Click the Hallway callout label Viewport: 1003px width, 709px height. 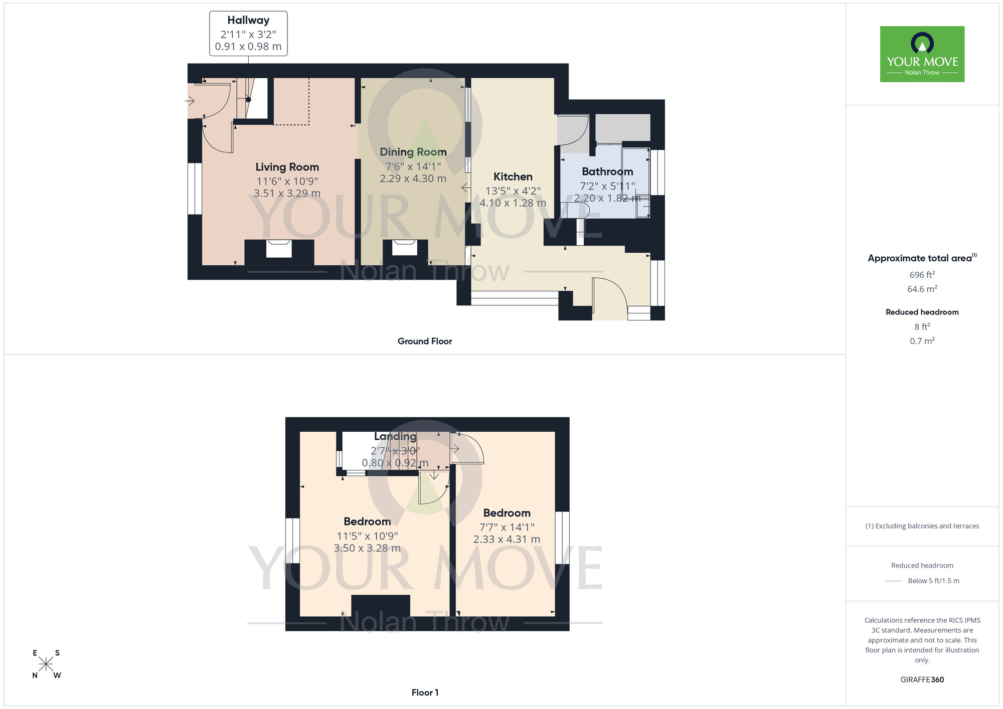[x=248, y=21]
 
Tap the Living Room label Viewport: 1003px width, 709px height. [x=287, y=167]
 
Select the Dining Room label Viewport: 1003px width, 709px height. [x=413, y=152]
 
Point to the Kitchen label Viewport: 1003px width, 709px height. [x=513, y=176]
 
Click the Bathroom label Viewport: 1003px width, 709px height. [x=607, y=171]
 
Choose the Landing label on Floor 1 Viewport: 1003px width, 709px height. [x=395, y=437]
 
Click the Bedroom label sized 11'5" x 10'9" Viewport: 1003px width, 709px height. [x=367, y=521]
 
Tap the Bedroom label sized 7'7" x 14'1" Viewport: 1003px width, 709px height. [x=507, y=513]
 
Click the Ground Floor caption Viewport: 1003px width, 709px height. [x=424, y=341]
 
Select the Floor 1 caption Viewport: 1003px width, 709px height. [x=424, y=692]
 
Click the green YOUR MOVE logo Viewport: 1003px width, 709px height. [x=922, y=54]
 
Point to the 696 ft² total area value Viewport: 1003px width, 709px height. [x=922, y=275]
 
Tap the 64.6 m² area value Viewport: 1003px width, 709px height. [x=922, y=289]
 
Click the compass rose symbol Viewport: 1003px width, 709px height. [x=46, y=664]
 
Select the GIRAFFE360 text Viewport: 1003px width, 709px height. [x=922, y=680]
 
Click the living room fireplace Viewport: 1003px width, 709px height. [x=279, y=249]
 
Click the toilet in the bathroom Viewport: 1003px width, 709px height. [x=580, y=211]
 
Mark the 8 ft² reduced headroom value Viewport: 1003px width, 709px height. [x=922, y=327]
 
